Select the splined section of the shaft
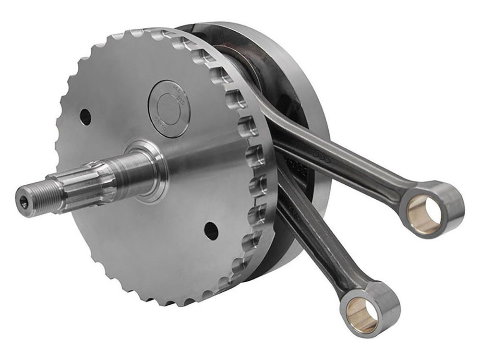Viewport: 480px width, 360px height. tap(84, 184)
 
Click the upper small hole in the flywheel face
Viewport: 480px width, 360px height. tap(85, 116)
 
